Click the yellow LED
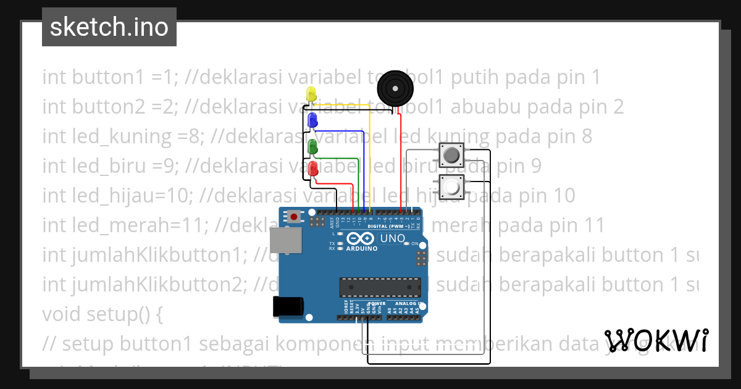[x=311, y=94]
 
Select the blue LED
[x=312, y=119]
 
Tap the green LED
[x=312, y=146]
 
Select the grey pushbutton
[x=451, y=155]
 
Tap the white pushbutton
[x=451, y=186]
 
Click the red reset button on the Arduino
[x=295, y=217]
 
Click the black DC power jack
[x=288, y=306]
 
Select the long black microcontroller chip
[x=380, y=287]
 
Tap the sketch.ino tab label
[x=109, y=27]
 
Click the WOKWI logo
[x=656, y=340]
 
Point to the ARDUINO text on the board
[x=362, y=249]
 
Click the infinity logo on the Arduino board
[x=361, y=238]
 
